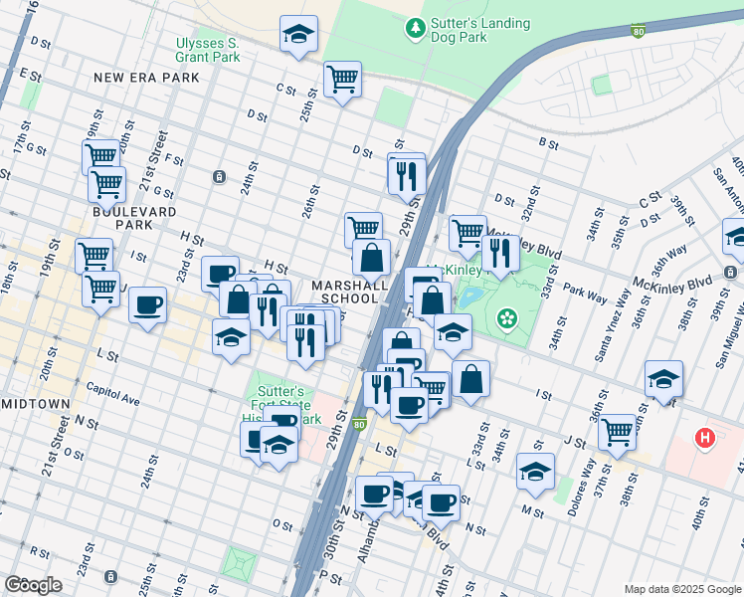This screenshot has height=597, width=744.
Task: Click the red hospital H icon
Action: [705, 437]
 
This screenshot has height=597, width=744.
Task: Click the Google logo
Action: [34, 584]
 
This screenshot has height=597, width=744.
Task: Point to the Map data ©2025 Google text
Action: [681, 589]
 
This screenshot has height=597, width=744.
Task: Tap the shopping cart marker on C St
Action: [342, 79]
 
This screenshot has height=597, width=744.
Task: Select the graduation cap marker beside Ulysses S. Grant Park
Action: [297, 35]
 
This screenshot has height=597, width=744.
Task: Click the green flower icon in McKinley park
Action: [508, 318]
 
